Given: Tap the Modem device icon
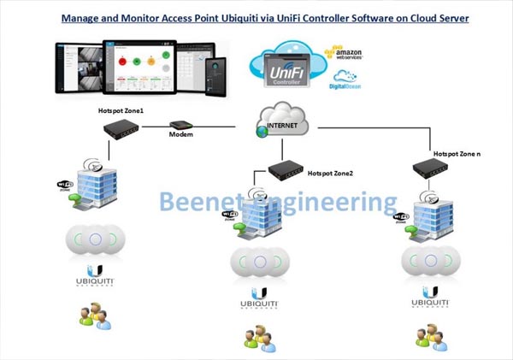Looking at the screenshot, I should pos(180,125).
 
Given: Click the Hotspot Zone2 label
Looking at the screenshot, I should pos(330,173).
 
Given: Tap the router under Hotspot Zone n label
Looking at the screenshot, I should pos(431,167).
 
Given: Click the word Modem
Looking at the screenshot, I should pos(180,136).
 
